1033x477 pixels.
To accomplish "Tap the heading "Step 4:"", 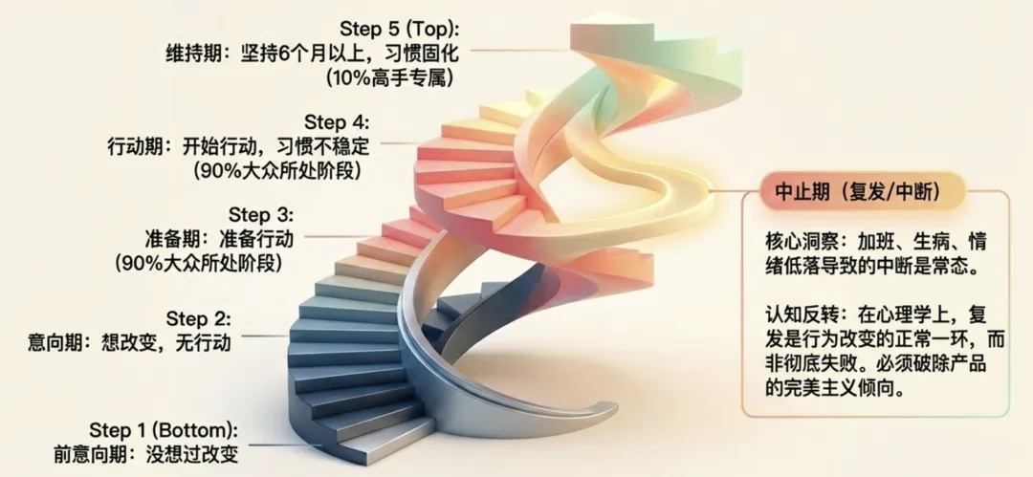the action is tap(336, 122).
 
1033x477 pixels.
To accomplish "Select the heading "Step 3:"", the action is tap(261, 214).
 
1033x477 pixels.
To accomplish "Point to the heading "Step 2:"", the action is tap(199, 317).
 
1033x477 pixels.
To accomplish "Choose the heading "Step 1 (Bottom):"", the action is tap(164, 428).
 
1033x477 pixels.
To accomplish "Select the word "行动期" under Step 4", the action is tap(135, 148).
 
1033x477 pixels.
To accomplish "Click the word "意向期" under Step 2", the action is tap(58, 341).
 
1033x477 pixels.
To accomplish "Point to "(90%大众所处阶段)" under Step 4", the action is tap(279, 171).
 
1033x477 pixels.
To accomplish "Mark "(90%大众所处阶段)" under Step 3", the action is tap(203, 261).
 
